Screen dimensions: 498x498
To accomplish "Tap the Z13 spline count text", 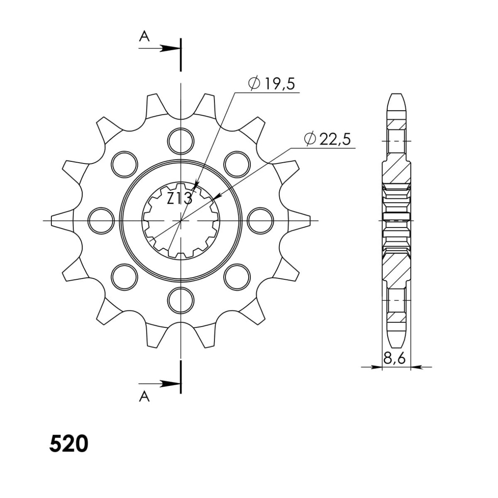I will pyautogui.click(x=179, y=198).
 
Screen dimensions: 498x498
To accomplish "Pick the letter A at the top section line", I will pyautogui.click(x=144, y=37).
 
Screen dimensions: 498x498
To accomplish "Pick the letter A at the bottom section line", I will pyautogui.click(x=144, y=397).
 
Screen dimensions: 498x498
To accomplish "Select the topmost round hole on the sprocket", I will pyautogui.click(x=181, y=140).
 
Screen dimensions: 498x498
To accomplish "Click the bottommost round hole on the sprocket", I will pyautogui.click(x=181, y=299).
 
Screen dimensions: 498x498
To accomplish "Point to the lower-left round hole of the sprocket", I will pyautogui.click(x=124, y=276).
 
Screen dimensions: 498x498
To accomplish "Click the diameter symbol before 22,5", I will pyautogui.click(x=310, y=139).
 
